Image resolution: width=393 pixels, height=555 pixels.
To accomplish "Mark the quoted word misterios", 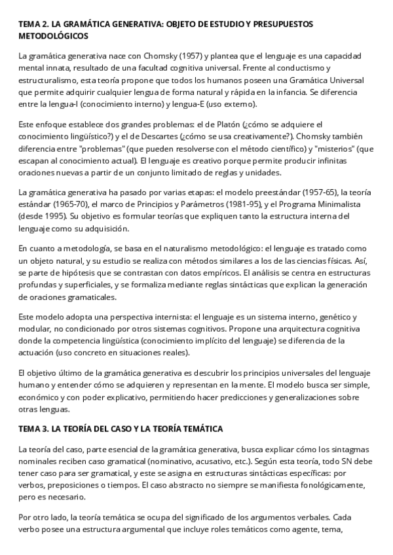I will [x=338, y=148].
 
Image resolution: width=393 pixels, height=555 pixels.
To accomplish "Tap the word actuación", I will [x=39, y=352].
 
